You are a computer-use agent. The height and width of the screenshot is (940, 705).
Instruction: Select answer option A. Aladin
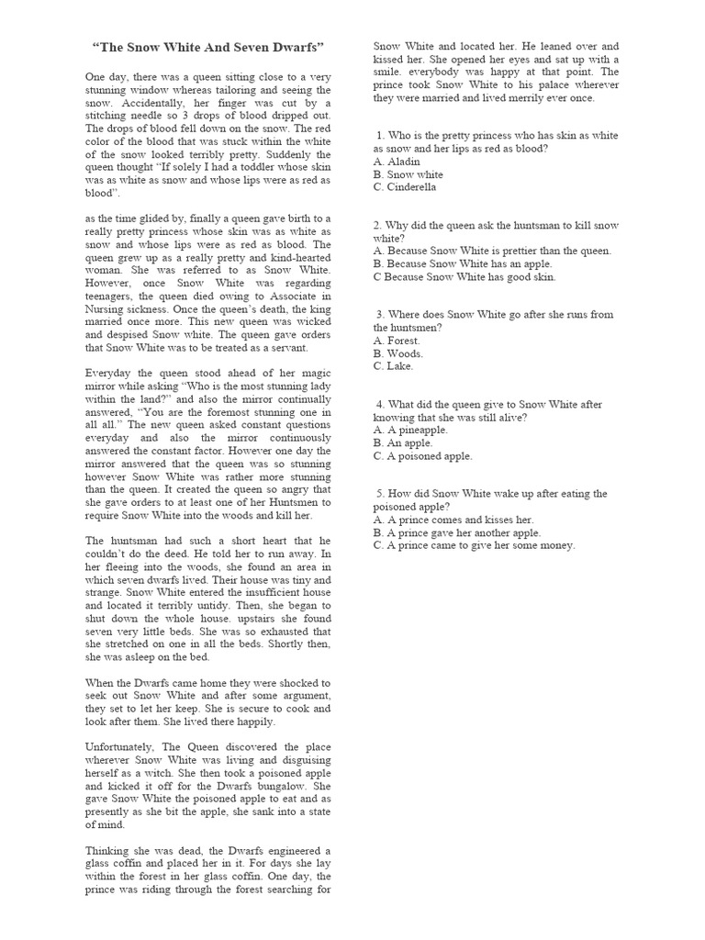pos(397,162)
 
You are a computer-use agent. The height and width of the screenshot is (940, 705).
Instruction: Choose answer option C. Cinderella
pos(405,187)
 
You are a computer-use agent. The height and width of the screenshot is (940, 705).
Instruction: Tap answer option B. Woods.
pos(398,353)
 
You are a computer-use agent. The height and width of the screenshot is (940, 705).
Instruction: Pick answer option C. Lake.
pos(394,366)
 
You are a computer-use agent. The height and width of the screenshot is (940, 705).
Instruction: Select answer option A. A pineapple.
pos(410,430)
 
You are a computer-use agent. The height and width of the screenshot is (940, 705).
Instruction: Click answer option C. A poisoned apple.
pos(423,455)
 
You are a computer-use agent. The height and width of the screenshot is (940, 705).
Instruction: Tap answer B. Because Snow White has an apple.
pos(463,263)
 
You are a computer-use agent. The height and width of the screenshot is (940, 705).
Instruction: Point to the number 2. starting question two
pos(378,225)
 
